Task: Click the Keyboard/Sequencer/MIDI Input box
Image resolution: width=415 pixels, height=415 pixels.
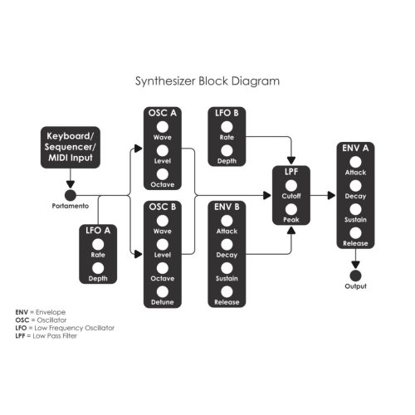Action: (71, 147)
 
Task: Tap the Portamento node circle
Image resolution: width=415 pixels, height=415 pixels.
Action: (71, 195)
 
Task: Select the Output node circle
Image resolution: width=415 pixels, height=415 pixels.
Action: (355, 276)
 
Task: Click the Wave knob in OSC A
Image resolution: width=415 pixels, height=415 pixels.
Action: (163, 127)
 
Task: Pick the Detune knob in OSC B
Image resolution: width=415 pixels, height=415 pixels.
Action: (163, 291)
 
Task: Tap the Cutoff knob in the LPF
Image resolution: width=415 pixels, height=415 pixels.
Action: (291, 186)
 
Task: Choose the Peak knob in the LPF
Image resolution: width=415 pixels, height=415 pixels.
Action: (291, 209)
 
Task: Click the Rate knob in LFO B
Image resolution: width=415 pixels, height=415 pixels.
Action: (227, 127)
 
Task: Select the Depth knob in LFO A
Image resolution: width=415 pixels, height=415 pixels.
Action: (98, 268)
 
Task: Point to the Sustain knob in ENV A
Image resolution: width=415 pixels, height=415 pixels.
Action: (355, 209)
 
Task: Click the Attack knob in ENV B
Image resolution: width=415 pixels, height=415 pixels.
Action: (227, 221)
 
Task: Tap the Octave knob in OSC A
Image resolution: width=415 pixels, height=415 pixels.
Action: (163, 174)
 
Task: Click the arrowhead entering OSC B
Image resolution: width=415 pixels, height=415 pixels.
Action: (139, 254)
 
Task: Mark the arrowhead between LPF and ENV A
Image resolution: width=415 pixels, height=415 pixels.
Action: (331, 195)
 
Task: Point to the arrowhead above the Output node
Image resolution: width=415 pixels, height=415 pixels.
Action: (355, 265)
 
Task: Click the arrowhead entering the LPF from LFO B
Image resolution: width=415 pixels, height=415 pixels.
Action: (291, 160)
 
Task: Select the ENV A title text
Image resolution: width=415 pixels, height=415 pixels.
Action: (355, 149)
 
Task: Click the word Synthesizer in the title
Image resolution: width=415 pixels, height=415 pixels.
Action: (165, 81)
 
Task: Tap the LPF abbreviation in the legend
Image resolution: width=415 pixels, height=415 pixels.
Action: (20, 336)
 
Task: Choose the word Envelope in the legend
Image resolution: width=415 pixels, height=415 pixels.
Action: (51, 312)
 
